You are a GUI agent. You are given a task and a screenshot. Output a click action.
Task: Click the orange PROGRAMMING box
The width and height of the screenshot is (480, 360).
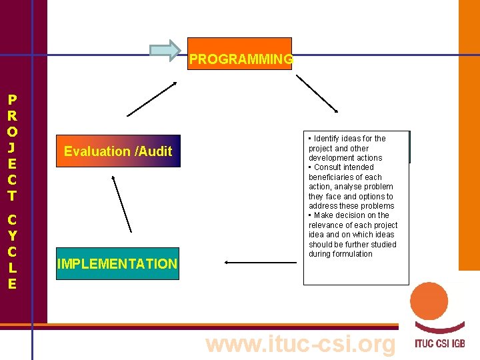[x=240, y=54]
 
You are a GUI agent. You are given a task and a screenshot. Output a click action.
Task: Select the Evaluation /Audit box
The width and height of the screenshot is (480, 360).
[x=118, y=151]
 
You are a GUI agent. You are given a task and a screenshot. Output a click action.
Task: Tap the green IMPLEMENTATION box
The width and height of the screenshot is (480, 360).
[x=117, y=263]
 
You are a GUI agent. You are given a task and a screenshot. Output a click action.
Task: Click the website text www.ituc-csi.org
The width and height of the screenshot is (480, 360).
[x=301, y=344]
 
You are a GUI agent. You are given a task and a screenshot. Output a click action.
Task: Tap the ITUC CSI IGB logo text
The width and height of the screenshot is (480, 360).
[x=439, y=345]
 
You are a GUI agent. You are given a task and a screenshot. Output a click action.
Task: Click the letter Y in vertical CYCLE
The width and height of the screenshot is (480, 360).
[x=12, y=235]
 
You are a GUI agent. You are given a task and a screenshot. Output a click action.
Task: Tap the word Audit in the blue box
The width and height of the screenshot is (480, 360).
[x=155, y=151]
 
